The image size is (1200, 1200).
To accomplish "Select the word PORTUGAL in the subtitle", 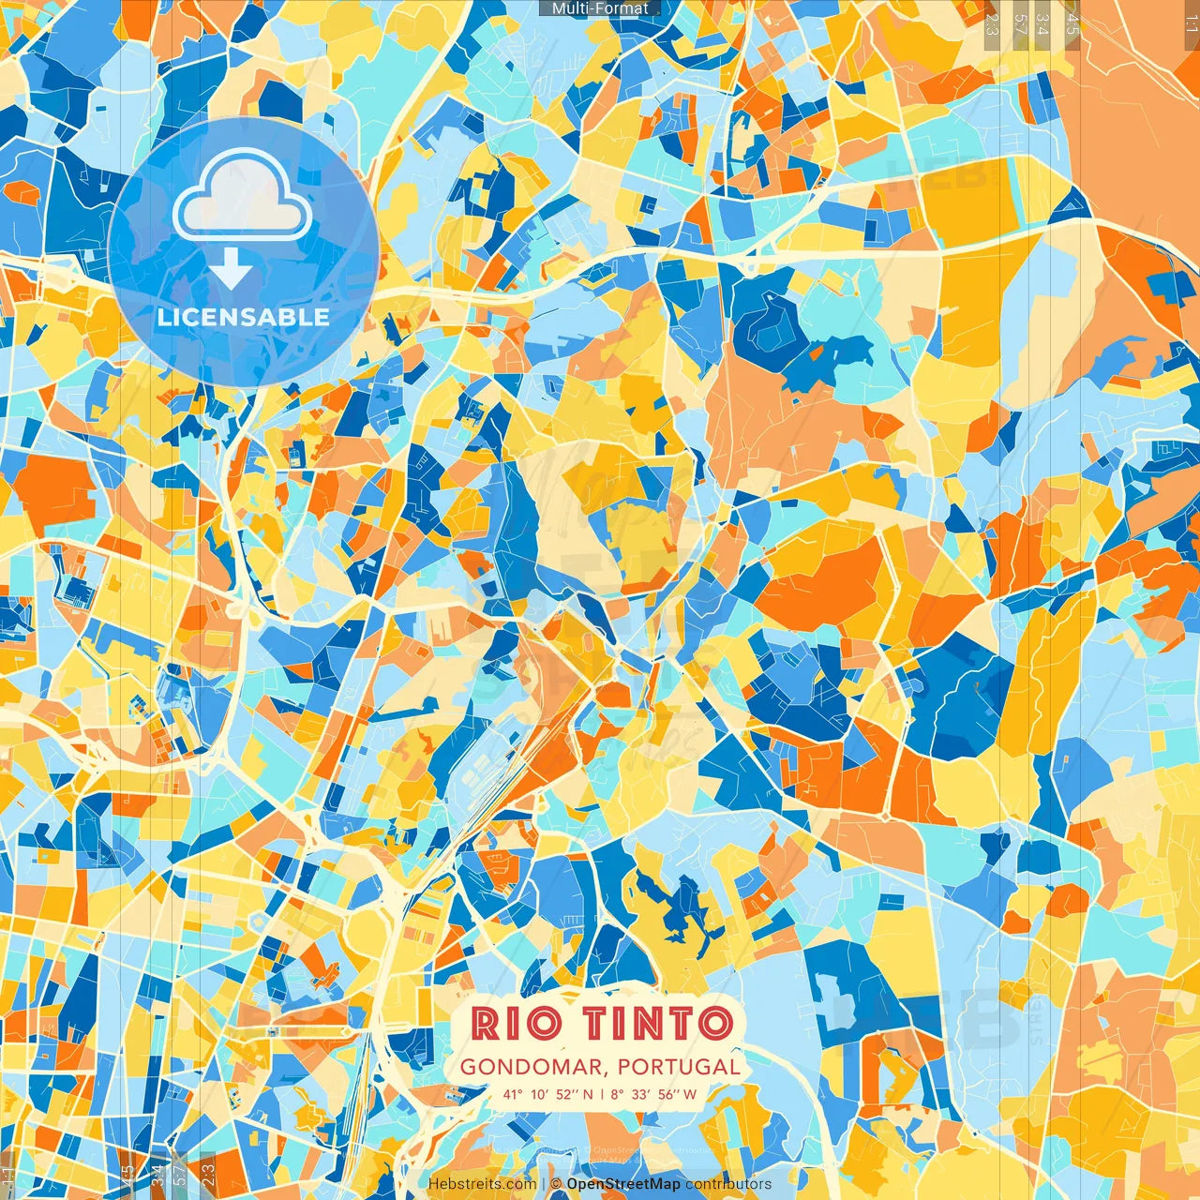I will [x=679, y=1067].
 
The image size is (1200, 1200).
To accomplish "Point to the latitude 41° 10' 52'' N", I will [x=547, y=1094].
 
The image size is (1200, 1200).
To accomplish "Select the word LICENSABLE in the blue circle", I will [x=243, y=317].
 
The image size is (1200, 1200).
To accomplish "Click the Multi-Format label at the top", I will [x=600, y=8].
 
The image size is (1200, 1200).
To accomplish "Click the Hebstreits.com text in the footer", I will [x=483, y=1184].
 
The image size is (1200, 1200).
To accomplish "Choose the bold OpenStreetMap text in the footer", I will [x=623, y=1184].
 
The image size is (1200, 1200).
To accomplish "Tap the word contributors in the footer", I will [x=728, y=1184].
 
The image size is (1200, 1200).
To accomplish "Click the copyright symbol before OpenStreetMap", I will [x=555, y=1184].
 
